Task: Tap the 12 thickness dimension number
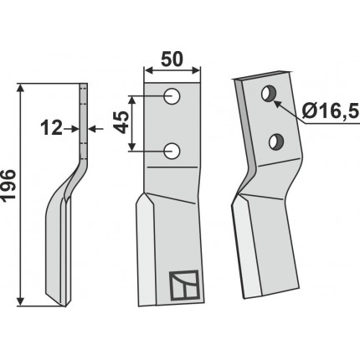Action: coord(51,129)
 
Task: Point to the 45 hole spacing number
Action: coord(122,122)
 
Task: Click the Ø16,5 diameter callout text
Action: coord(331,112)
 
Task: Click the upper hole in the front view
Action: coord(172,96)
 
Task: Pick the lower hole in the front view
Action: coord(172,151)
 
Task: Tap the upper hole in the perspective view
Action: coord(269,94)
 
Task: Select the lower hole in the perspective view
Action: coord(276,141)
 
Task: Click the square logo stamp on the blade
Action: coord(184,285)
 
